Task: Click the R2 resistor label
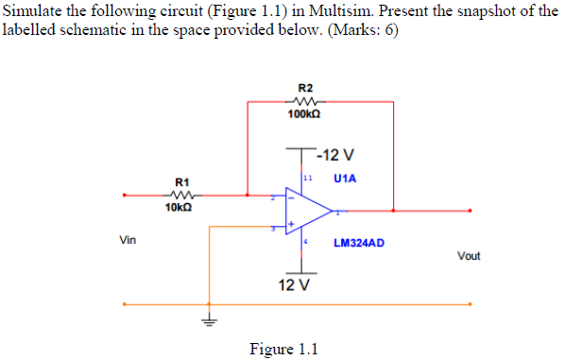point(304,87)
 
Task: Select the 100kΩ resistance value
point(304,113)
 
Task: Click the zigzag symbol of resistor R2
point(304,100)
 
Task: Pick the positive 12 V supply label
point(295,285)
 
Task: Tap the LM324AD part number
point(359,243)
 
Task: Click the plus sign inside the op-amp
point(292,225)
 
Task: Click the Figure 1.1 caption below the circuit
point(283,348)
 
